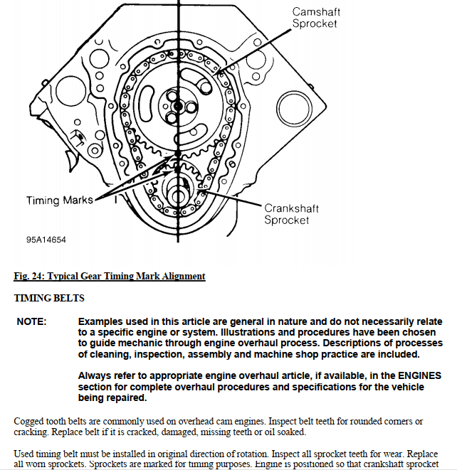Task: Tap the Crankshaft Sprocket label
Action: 291,214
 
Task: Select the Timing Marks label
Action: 60,201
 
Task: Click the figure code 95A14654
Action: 46,240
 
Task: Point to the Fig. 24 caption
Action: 110,276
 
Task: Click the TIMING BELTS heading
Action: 49,298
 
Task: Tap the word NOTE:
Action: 32,322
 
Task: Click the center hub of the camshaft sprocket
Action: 176,105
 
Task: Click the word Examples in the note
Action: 102,322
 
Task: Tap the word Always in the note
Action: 96,375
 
